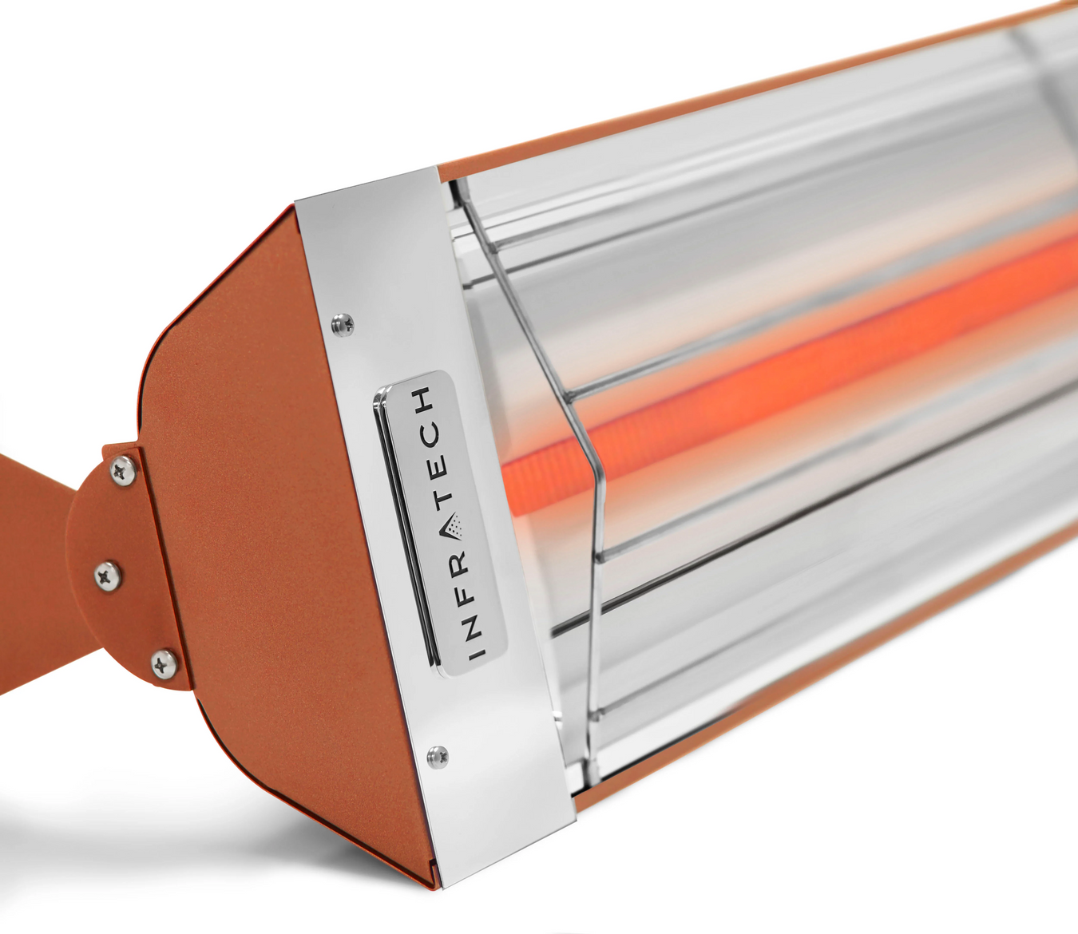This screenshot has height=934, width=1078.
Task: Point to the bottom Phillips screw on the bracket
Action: tap(163, 661)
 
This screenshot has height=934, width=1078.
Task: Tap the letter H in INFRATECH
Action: tap(426, 398)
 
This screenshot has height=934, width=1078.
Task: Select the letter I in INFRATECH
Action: tap(477, 652)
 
